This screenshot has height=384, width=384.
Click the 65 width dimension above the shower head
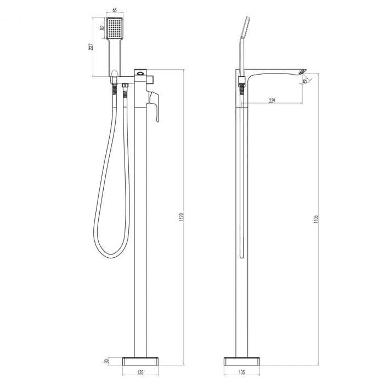pyautogui.click(x=114, y=10)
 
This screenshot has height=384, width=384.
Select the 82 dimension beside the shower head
pyautogui.click(x=102, y=28)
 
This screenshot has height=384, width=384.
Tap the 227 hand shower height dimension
pyautogui.click(x=92, y=47)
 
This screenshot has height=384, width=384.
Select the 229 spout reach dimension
pyautogui.click(x=272, y=100)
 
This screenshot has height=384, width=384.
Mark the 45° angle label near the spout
pyautogui.click(x=305, y=81)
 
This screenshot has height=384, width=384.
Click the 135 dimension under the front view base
pyautogui.click(x=140, y=372)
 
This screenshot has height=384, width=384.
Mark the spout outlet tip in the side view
pyautogui.click(x=301, y=71)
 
